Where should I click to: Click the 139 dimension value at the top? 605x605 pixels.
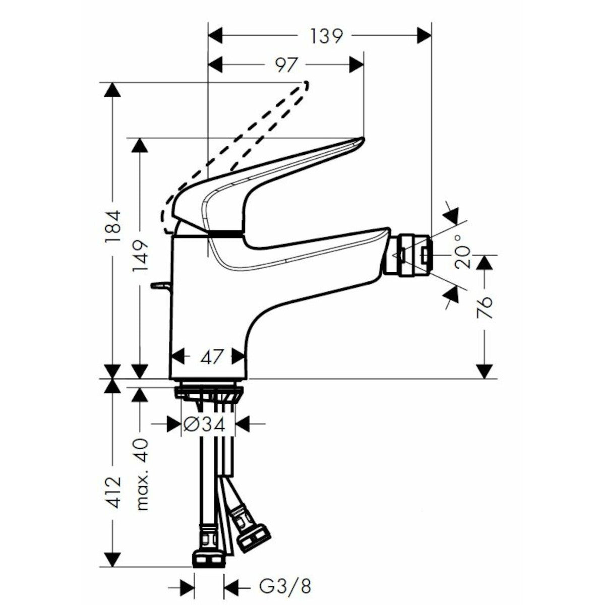tap(326, 36)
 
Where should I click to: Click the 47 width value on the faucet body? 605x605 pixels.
tap(211, 357)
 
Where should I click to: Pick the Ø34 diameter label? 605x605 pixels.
tap(208, 425)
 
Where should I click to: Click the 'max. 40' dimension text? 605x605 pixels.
tap(142, 474)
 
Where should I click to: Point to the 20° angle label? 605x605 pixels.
tap(464, 251)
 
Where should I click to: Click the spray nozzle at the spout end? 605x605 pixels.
tap(411, 256)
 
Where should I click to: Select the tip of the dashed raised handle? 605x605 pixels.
tap(304, 84)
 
